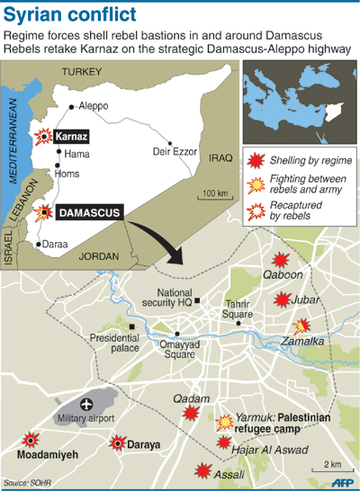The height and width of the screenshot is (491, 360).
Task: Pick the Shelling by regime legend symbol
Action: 256,162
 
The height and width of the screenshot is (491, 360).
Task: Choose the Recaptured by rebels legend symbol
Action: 256,213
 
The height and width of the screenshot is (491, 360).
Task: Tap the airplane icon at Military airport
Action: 87,404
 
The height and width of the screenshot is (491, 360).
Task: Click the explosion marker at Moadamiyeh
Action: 31,440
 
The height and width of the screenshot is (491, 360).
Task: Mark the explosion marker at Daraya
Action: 118,442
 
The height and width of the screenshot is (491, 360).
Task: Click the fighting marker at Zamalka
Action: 303,326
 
